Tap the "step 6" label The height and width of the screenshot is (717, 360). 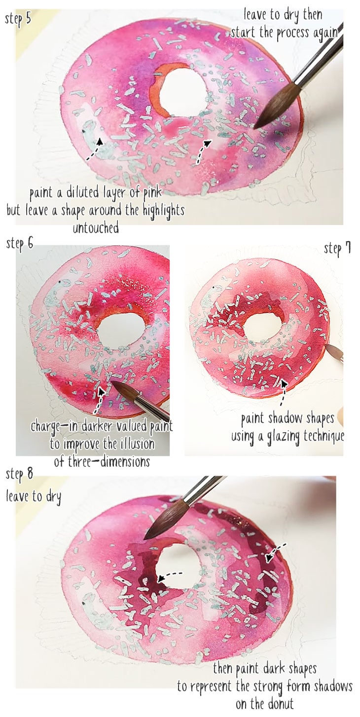tap(20, 243)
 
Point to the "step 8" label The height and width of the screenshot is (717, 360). tap(20, 474)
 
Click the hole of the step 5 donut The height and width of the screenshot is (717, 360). tap(183, 92)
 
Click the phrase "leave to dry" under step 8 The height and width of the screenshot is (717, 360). tap(34, 496)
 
